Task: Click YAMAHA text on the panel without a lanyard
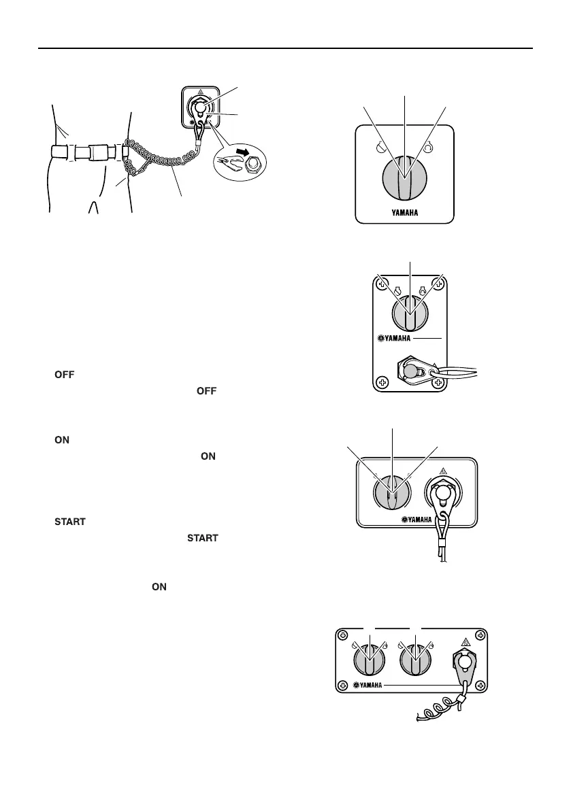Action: point(404,212)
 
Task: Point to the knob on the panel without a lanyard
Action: point(404,176)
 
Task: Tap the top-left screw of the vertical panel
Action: point(383,284)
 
